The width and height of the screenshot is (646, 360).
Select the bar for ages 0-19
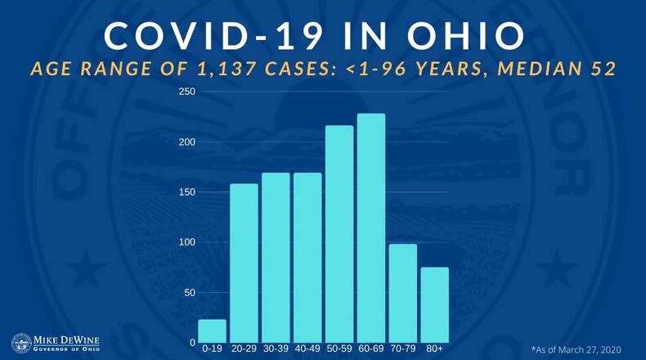(x=212, y=331)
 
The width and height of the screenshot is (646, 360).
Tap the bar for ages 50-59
(x=339, y=233)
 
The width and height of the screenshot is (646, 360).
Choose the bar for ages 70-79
(x=403, y=293)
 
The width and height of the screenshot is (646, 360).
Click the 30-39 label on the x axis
(x=276, y=349)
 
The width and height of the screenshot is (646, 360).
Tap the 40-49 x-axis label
(x=307, y=349)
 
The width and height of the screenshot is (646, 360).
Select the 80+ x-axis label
(x=435, y=349)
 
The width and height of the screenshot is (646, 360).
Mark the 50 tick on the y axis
(x=188, y=292)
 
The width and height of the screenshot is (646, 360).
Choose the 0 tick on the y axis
(x=191, y=343)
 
